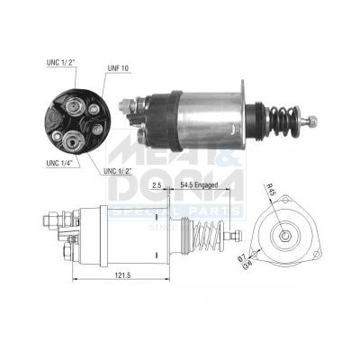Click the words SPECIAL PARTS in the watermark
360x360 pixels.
[175, 212]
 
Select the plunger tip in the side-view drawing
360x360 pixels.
[238, 236]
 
